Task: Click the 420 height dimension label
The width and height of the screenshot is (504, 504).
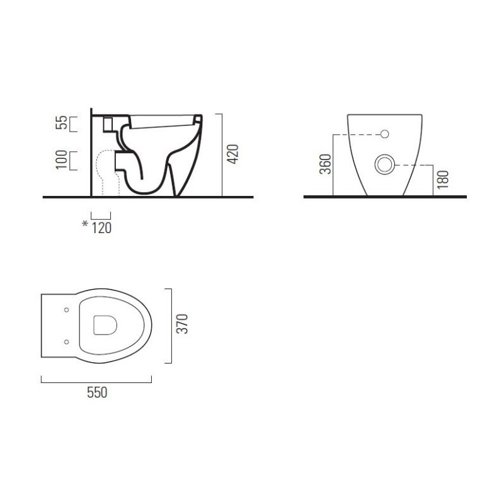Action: [x=233, y=154]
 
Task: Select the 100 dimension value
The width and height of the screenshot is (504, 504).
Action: [x=61, y=159]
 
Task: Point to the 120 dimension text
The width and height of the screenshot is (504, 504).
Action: [x=101, y=228]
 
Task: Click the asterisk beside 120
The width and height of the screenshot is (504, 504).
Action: [x=85, y=224]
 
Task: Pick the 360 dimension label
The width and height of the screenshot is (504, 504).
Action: [x=325, y=164]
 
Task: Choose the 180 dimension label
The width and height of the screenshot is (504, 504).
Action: [x=443, y=180]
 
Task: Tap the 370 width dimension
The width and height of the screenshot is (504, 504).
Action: [x=183, y=324]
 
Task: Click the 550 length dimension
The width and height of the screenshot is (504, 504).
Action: [x=97, y=392]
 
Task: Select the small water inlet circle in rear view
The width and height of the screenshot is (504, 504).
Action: [x=385, y=134]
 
